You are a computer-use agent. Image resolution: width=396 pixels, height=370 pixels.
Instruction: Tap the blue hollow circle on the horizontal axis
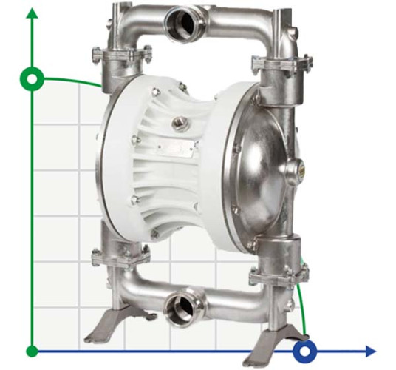pos(303,350)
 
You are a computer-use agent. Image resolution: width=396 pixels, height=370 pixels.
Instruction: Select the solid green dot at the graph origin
pos(31,350)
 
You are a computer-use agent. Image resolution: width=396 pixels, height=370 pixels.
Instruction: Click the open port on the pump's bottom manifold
pos(180,306)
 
